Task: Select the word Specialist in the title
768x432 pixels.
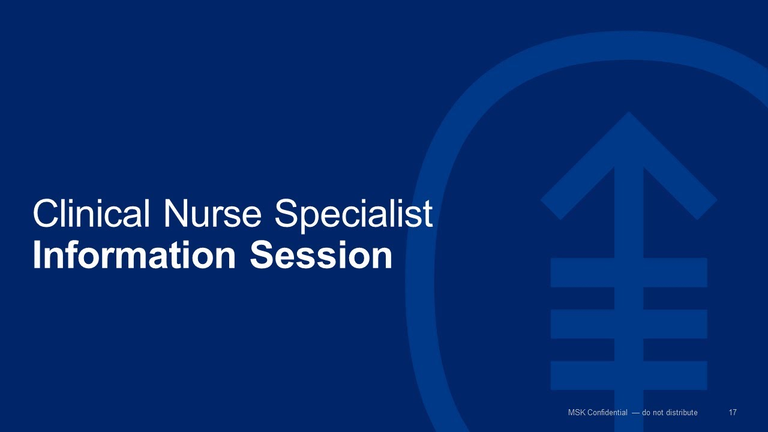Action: click(353, 213)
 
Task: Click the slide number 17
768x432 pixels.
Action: click(733, 413)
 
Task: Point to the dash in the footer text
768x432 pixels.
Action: click(635, 413)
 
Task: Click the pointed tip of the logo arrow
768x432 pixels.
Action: click(629, 114)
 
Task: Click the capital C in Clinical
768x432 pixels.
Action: click(46, 213)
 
